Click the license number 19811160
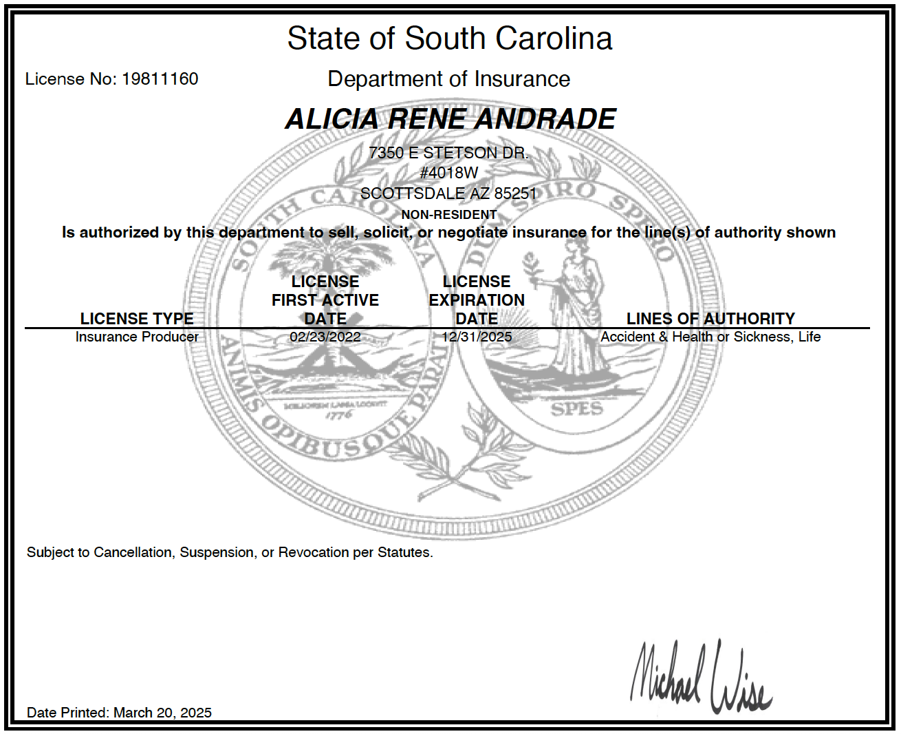click(x=160, y=79)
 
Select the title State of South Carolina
click(x=450, y=39)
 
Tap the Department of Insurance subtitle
click(x=448, y=79)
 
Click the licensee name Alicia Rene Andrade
click(x=450, y=119)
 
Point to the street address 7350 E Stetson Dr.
click(x=448, y=153)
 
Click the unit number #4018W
click(x=449, y=173)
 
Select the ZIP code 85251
click(x=515, y=193)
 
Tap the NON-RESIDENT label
click(x=448, y=215)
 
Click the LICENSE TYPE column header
click(x=137, y=319)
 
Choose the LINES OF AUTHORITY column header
click(x=710, y=319)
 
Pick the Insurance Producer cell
click(x=137, y=337)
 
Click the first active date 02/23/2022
click(x=325, y=337)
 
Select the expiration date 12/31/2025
click(x=477, y=337)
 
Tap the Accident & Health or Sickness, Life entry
click(x=710, y=337)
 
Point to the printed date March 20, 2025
click(x=162, y=713)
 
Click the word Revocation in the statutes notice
click(x=313, y=552)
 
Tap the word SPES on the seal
click(x=576, y=409)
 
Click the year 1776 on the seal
click(x=338, y=415)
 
